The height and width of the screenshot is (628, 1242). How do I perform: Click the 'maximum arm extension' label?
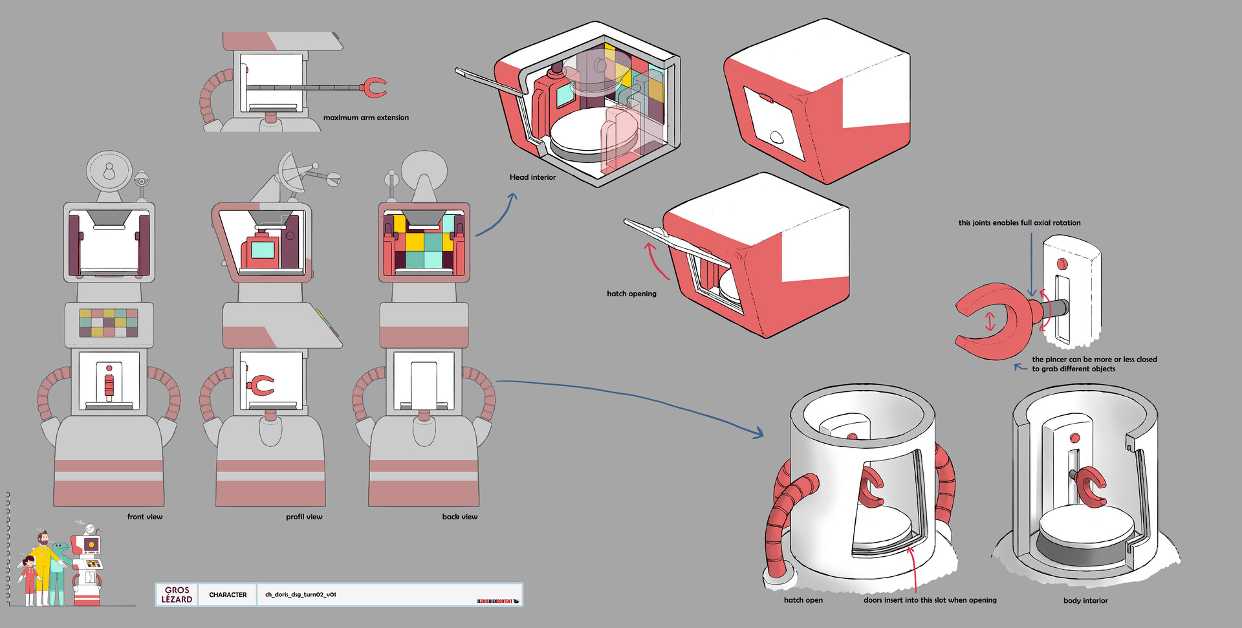pyautogui.click(x=365, y=118)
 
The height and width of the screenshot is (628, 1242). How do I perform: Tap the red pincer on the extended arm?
pyautogui.click(x=373, y=87)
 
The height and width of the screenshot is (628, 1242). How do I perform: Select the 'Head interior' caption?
pyautogui.click(x=532, y=177)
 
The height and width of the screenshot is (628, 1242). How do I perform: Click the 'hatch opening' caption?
pyautogui.click(x=631, y=294)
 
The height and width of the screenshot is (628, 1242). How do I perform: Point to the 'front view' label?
pyautogui.click(x=145, y=517)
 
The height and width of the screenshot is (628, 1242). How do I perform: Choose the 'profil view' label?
pyautogui.click(x=304, y=517)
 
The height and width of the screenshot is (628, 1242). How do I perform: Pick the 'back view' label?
pyautogui.click(x=460, y=517)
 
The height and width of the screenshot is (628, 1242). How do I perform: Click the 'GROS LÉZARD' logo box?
pyautogui.click(x=177, y=595)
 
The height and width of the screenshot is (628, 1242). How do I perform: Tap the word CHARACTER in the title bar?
pyautogui.click(x=228, y=595)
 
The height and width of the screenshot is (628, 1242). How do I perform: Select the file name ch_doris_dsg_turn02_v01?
pyautogui.click(x=300, y=594)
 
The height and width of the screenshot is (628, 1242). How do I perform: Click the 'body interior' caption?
pyautogui.click(x=1085, y=601)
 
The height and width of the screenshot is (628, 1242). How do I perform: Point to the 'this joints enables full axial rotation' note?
pyautogui.click(x=1019, y=223)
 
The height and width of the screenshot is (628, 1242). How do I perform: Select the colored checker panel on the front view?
pyautogui.click(x=109, y=323)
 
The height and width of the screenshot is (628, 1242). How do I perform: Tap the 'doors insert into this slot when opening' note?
pyautogui.click(x=930, y=600)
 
